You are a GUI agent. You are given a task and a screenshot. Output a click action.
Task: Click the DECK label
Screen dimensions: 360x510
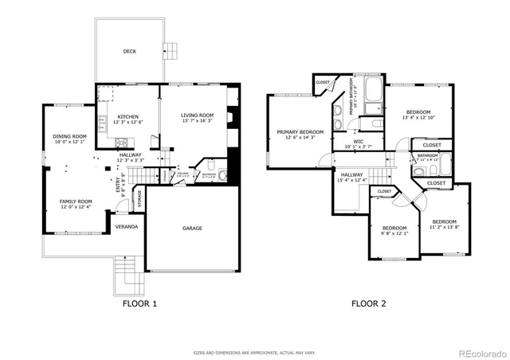click(x=129, y=51)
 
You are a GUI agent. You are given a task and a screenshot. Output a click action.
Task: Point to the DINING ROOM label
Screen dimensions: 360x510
click(x=69, y=136)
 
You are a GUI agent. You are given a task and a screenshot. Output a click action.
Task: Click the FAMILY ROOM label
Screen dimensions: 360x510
click(x=76, y=202)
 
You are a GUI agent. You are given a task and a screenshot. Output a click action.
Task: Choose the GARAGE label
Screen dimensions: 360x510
click(x=192, y=229)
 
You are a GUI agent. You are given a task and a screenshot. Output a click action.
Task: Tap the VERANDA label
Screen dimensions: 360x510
click(x=127, y=227)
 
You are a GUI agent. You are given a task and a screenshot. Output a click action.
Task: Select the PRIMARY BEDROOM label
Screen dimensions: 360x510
click(x=300, y=131)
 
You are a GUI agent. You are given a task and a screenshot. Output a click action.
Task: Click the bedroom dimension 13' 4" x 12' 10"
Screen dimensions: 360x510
click(x=418, y=117)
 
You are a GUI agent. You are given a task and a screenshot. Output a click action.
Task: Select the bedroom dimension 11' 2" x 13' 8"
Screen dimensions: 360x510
click(x=445, y=227)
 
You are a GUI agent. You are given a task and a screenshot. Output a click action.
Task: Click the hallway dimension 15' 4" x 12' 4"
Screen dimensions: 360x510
click(x=351, y=180)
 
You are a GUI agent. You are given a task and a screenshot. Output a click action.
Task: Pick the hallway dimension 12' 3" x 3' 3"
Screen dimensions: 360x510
click(x=131, y=161)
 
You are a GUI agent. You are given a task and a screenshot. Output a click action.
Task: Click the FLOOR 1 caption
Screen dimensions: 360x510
click(x=139, y=303)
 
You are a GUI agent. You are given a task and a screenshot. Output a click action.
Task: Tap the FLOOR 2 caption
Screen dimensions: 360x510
click(x=369, y=303)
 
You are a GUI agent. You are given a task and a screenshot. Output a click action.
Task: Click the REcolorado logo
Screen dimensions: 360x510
click(x=479, y=353)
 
